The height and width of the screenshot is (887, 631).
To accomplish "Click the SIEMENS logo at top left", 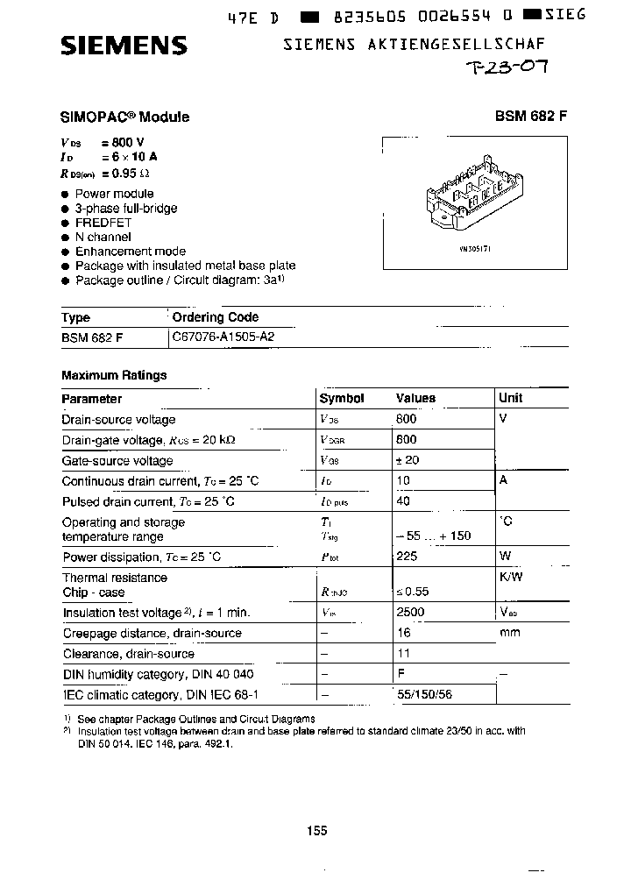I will pos(124,46).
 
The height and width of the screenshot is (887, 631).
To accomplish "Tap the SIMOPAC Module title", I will pos(124,117).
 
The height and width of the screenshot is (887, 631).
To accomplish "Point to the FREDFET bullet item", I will pos(103,223).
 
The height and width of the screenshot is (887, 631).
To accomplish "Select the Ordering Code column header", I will pos(215,317).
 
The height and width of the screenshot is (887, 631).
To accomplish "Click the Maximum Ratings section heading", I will pos(114,375).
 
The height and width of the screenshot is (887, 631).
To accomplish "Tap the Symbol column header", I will pos(341,398).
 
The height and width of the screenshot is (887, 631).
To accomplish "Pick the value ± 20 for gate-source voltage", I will pos(408,460).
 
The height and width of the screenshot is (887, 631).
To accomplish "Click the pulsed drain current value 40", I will pos(403,501).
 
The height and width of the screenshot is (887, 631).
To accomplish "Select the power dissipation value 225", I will pos(407,557).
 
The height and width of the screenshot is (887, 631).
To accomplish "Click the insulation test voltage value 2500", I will pos(410,612).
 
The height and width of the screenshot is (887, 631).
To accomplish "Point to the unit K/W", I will pos(510,578).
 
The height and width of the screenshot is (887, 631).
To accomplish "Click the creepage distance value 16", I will pos(403,633).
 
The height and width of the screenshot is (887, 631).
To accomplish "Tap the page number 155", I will pos(317,830).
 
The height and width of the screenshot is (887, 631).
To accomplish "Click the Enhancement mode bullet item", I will pos(130,251).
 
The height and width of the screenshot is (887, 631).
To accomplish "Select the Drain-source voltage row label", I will pos(118,420).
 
